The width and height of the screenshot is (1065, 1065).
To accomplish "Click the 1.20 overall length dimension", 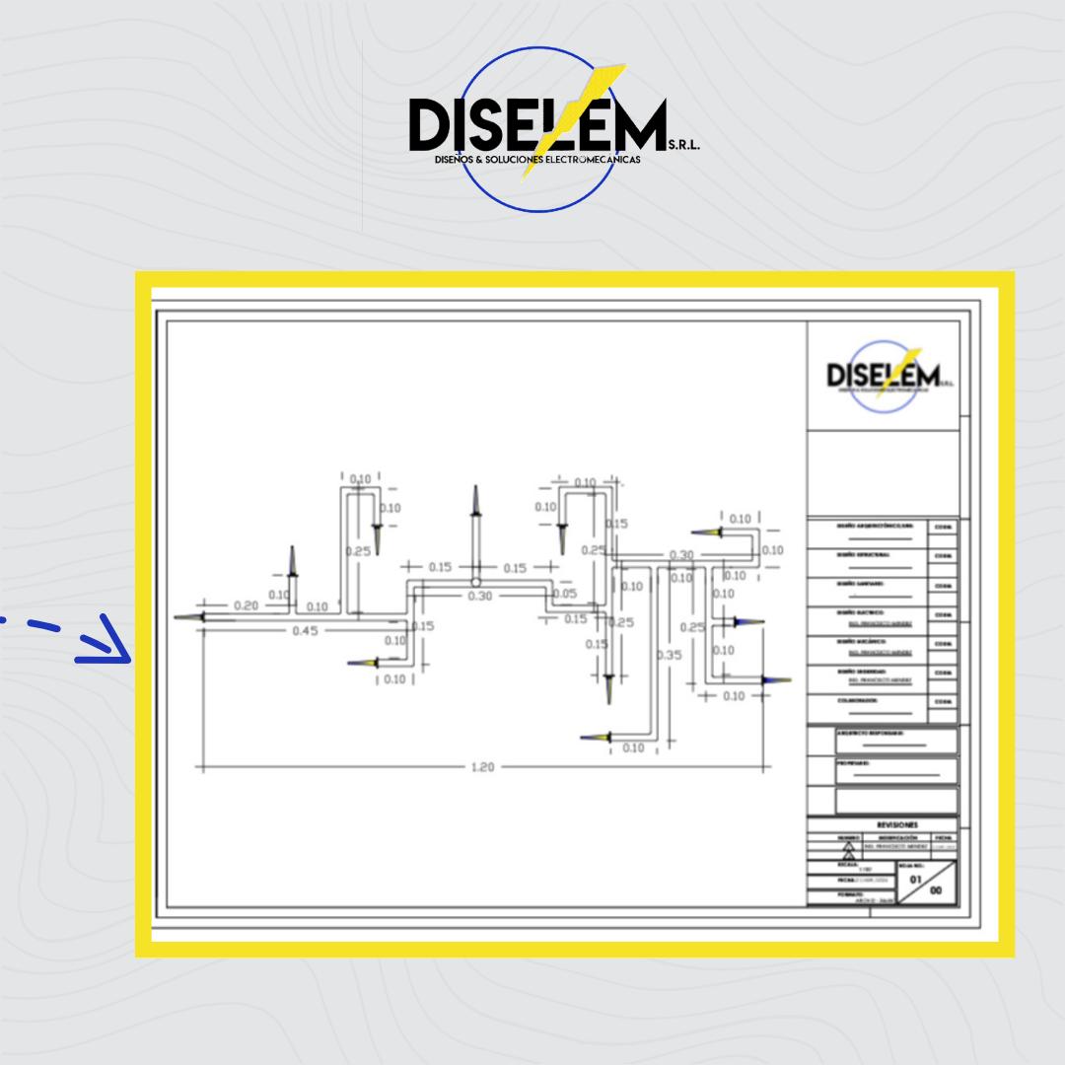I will point(481,767).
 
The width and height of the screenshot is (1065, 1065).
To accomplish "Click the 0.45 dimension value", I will point(306,631).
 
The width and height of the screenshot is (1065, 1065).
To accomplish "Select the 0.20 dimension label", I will point(246,605).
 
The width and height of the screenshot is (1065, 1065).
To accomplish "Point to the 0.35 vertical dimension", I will point(671,654).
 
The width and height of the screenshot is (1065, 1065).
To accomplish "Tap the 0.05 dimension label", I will point(564,594).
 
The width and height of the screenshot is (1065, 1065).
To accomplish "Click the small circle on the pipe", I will point(475,582).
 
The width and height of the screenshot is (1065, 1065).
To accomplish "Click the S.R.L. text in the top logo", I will point(683,144).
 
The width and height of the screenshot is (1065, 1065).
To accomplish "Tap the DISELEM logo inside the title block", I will point(884,376).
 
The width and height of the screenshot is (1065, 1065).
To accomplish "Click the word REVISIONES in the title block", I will point(896,824).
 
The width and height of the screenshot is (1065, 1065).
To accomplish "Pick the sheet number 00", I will point(936,889).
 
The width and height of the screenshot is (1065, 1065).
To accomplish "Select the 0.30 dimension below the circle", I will point(480,596).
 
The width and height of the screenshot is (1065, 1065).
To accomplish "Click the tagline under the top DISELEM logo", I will point(537,159).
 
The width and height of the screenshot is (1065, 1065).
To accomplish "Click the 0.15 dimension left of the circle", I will point(440,567).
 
